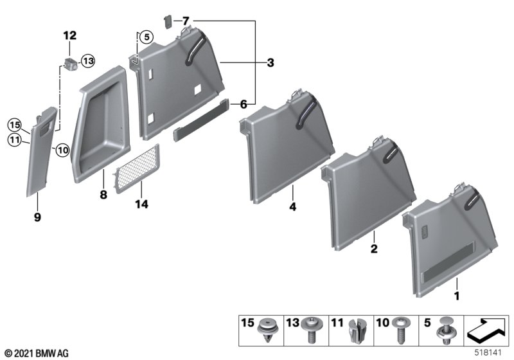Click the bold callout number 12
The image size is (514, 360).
[70, 35]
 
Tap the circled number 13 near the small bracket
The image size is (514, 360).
[88, 60]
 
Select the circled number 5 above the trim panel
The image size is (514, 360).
[146, 37]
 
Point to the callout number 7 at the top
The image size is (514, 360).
[186, 21]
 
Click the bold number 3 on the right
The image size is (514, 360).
[270, 62]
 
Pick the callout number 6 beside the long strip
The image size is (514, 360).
[244, 104]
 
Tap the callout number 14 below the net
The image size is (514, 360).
[141, 204]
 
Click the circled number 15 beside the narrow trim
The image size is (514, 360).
[14, 125]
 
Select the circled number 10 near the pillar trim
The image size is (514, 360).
[62, 150]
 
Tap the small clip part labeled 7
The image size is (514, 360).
[168, 22]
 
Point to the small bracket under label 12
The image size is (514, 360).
[71, 64]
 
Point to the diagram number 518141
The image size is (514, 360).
[488, 353]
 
